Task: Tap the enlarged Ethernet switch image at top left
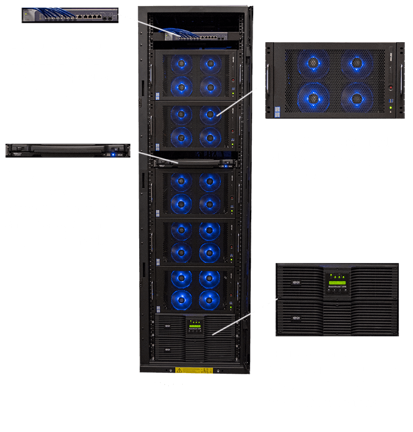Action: (x=70, y=15)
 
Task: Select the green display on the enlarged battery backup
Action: (x=337, y=281)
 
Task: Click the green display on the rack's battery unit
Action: (x=195, y=326)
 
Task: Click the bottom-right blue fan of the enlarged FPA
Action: (x=355, y=99)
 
